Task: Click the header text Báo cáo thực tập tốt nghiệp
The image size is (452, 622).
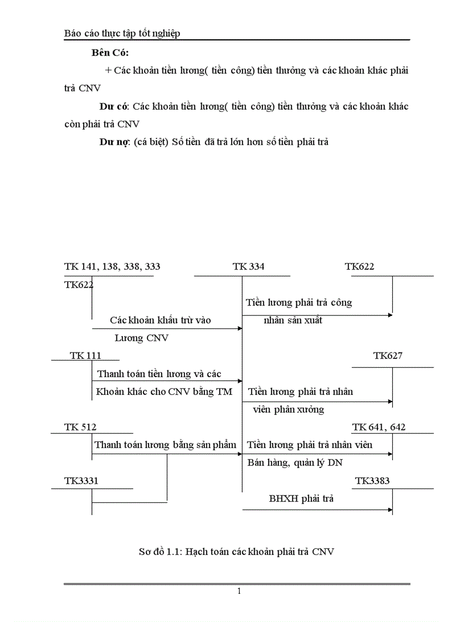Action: [x=122, y=34]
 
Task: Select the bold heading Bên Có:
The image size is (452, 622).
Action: [x=110, y=54]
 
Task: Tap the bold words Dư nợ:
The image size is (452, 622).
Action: [x=115, y=142]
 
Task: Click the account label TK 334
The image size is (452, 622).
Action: [x=248, y=266]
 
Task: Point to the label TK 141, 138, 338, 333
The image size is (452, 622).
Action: [x=112, y=266]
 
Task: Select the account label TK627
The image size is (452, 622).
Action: [x=388, y=356]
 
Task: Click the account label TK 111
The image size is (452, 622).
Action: [x=85, y=356]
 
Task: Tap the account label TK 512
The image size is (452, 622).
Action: [x=80, y=427]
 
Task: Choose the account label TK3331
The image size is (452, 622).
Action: [x=81, y=481]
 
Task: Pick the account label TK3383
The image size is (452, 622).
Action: [x=372, y=481]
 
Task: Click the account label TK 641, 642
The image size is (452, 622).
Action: [x=379, y=427]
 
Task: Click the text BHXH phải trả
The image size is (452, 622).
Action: [x=301, y=498]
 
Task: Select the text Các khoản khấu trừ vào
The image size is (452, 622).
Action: [x=160, y=320]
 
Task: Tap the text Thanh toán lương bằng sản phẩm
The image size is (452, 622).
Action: [x=165, y=445]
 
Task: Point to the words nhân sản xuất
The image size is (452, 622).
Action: [x=293, y=320]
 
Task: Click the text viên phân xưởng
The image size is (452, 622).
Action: [x=289, y=410]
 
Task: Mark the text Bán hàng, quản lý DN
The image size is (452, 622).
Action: [x=295, y=463]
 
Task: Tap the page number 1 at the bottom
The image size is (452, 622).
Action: [x=239, y=591]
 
